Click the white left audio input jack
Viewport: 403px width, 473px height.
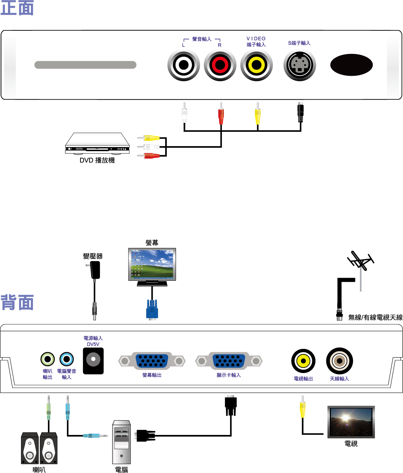(x=184, y=65)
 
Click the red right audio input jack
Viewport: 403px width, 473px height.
(x=220, y=65)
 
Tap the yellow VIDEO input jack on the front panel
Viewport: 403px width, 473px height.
(x=256, y=65)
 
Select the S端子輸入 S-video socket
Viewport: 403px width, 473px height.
(x=300, y=65)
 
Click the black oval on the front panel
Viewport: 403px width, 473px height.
(x=351, y=65)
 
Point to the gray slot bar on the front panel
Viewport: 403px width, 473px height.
(x=85, y=65)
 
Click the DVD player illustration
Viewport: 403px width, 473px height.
(x=97, y=143)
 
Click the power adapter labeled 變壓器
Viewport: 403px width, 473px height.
(x=95, y=270)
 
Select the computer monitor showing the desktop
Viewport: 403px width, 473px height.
(x=152, y=264)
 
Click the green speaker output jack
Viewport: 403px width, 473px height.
(x=48, y=359)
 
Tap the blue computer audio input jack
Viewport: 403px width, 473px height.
(x=67, y=359)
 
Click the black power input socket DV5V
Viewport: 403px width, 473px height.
(x=93, y=360)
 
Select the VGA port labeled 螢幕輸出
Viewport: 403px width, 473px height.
(x=152, y=361)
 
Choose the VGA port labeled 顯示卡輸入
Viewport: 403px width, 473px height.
(x=229, y=361)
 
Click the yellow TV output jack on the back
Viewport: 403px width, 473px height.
(x=303, y=361)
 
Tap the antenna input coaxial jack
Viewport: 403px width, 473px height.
(x=340, y=361)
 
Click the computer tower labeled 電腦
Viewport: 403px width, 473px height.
(x=121, y=442)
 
